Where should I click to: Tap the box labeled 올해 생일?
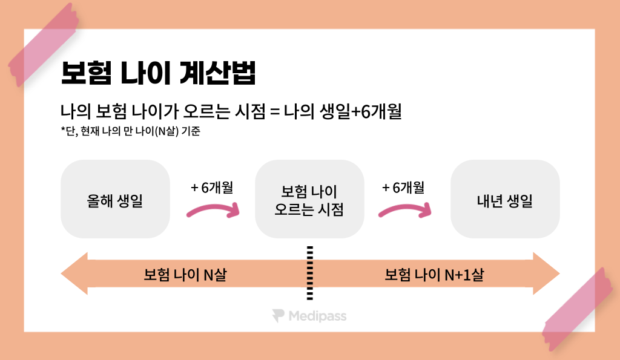[x=115, y=200]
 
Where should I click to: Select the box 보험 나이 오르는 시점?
[x=309, y=200]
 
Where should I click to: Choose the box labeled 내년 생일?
[x=505, y=200]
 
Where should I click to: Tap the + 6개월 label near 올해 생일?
[x=212, y=188]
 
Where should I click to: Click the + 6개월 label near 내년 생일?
[x=403, y=188]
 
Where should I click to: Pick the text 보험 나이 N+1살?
[x=434, y=275]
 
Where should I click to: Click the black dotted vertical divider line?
[x=310, y=273]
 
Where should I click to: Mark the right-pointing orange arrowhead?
[x=546, y=274]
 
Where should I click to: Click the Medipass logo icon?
[x=278, y=316]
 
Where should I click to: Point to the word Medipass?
[x=317, y=316]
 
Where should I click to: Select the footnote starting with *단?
[x=130, y=133]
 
